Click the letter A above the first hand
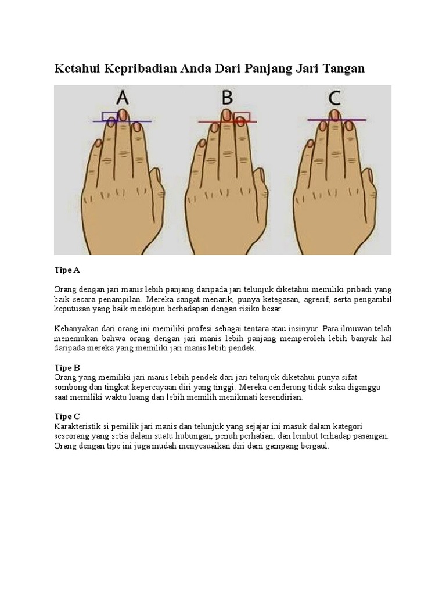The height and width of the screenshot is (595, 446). tap(122, 98)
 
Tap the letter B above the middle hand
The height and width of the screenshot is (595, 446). tap(227, 98)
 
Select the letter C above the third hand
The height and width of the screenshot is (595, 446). tap(334, 98)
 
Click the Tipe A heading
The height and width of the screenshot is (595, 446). tap(67, 270)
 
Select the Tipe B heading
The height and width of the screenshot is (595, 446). tap(67, 368)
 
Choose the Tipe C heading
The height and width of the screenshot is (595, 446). tap(67, 416)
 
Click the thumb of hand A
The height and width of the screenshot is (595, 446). tap(156, 190)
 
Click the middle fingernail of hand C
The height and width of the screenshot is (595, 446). tap(334, 114)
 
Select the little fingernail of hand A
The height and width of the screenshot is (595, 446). tap(98, 144)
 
